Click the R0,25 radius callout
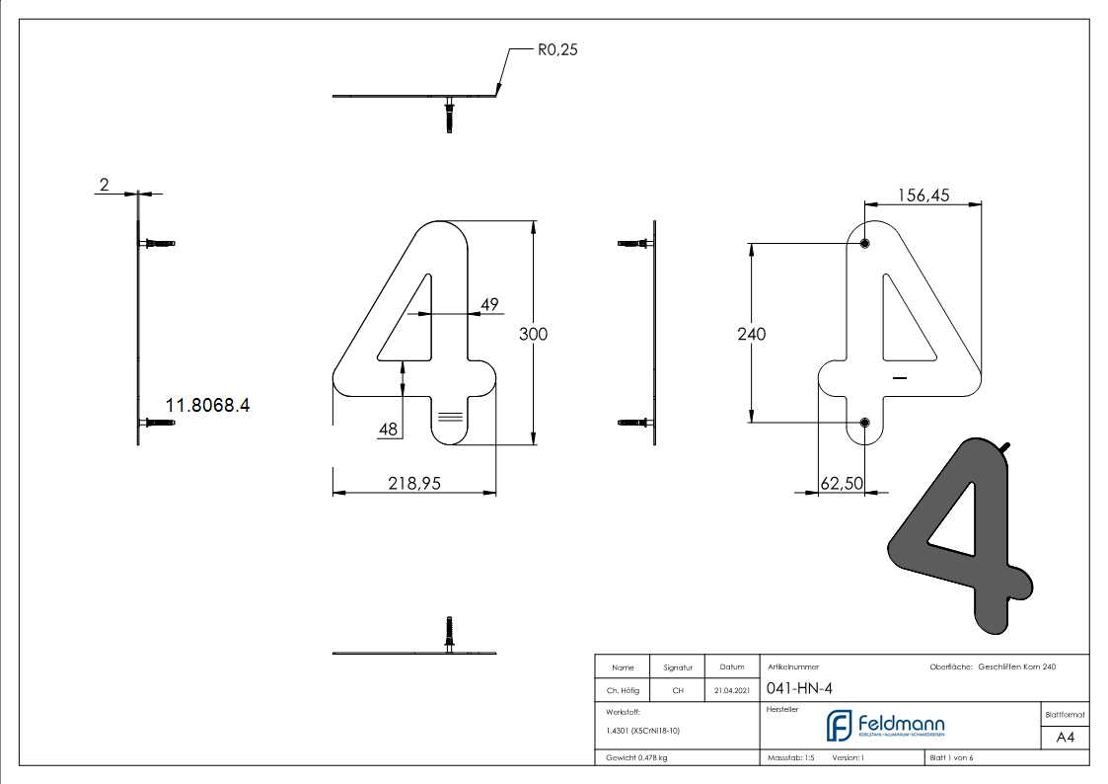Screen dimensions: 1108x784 [557, 49]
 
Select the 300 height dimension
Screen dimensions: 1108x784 [533, 334]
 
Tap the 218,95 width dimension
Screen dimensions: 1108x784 [414, 483]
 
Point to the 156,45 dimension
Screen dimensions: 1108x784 [923, 196]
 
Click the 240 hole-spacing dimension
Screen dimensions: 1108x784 [751, 334]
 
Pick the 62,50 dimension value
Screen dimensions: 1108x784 [842, 483]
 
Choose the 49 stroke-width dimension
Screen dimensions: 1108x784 [489, 304]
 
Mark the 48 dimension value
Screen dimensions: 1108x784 [388, 430]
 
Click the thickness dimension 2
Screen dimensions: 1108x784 [104, 185]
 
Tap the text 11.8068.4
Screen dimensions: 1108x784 [207, 405]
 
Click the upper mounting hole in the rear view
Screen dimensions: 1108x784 [864, 243]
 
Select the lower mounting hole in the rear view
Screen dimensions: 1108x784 [864, 423]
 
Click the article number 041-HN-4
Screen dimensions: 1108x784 [799, 688]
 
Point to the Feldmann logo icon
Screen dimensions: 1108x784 [839, 726]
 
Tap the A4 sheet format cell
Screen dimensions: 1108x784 [1065, 738]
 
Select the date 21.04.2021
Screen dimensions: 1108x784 [731, 690]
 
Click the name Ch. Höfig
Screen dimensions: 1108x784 [623, 690]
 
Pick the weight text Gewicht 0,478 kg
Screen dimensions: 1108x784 [636, 758]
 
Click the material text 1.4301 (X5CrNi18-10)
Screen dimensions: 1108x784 [642, 731]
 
